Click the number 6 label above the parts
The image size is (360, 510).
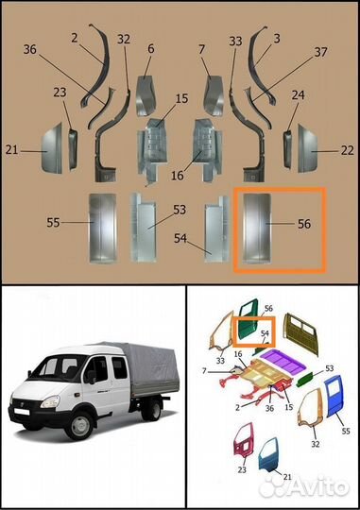tap(150, 48)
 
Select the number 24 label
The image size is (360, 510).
tap(299, 95)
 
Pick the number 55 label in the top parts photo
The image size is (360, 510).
tap(54, 223)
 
